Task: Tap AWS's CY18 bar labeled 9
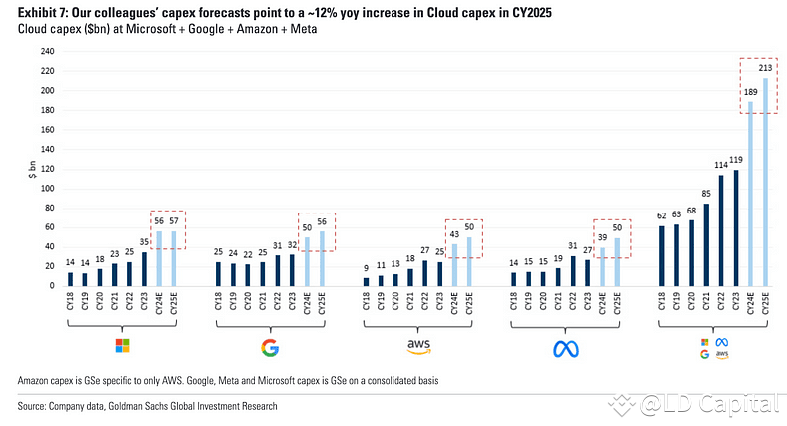[x=366, y=281]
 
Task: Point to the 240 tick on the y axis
[x=46, y=52]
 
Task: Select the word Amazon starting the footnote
[x=37, y=382]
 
